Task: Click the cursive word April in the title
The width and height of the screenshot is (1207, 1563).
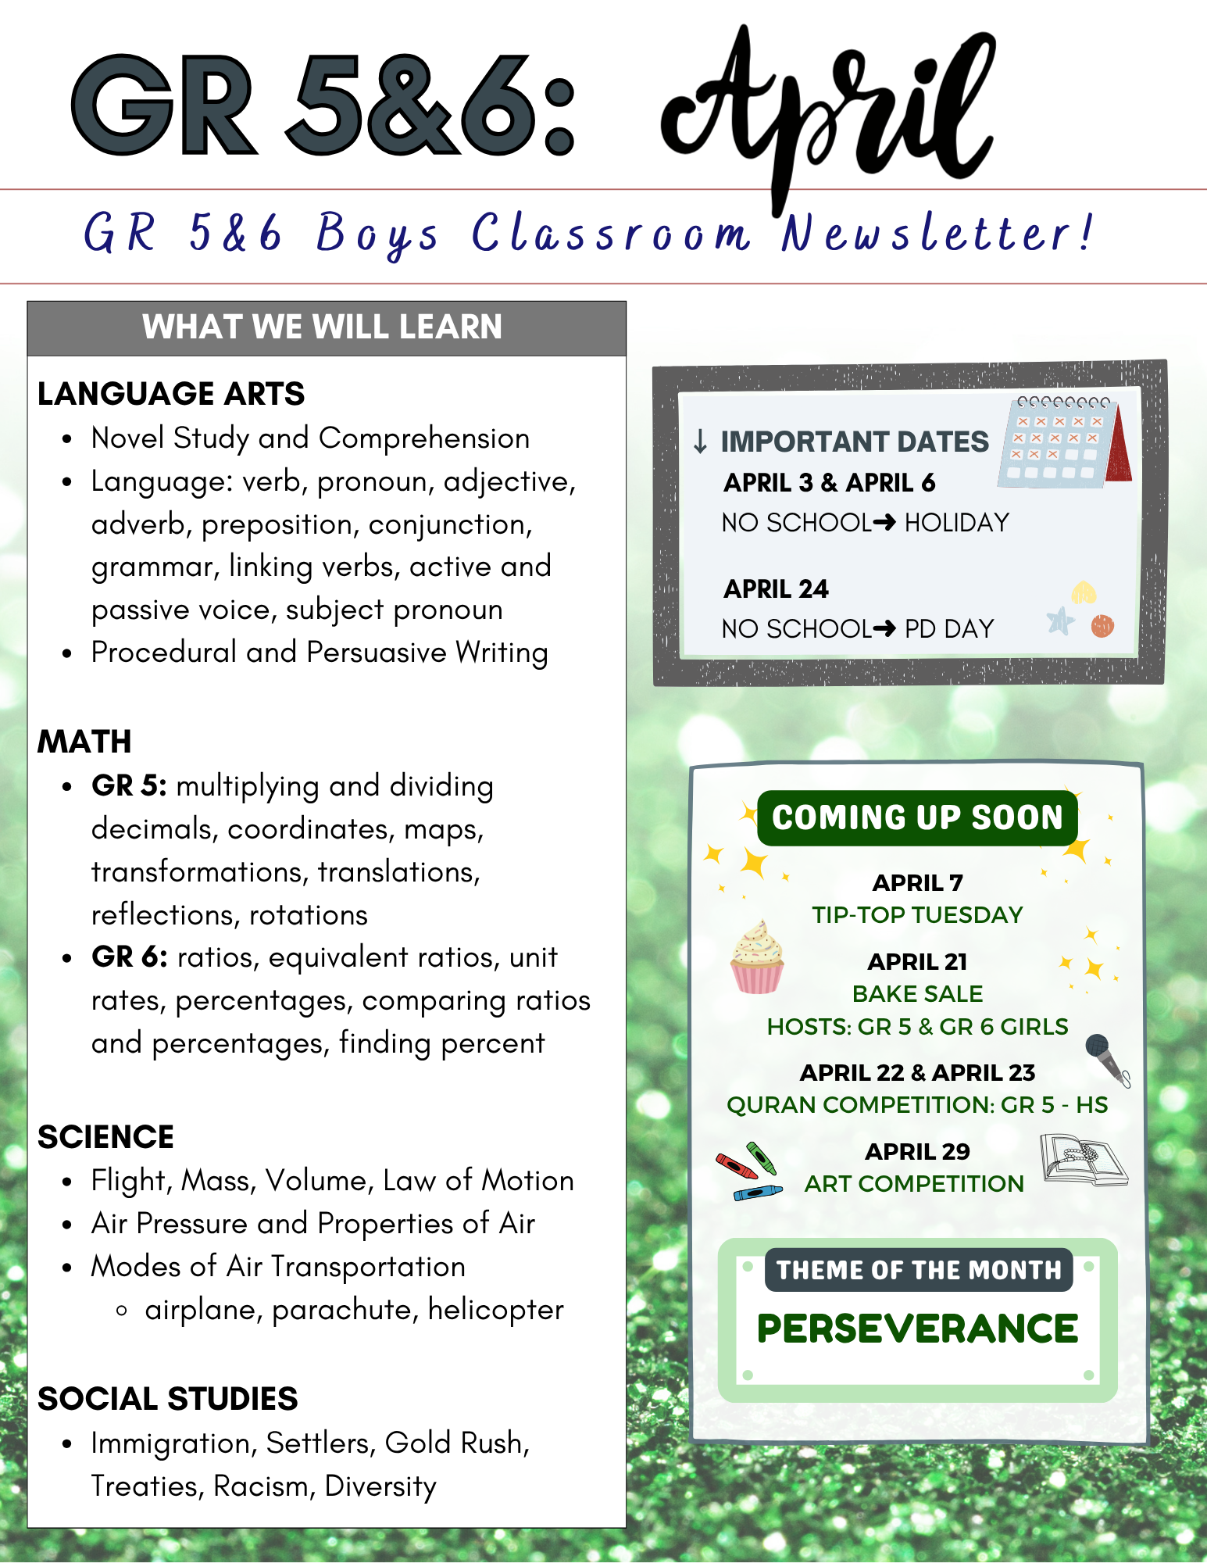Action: coord(828,109)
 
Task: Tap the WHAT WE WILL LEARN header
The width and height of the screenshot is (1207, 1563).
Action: coord(322,327)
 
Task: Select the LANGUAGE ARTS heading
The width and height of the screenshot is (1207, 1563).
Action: coord(171,394)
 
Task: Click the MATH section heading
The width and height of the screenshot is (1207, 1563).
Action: coord(84,742)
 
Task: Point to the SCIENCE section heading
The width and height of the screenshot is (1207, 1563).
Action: coord(105,1137)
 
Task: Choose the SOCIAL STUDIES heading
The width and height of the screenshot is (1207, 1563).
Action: coord(167,1399)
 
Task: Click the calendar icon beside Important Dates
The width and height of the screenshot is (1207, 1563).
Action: coord(1063,442)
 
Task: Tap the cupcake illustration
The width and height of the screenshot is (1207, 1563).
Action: coord(757,958)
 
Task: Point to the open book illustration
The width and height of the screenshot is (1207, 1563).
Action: coord(1084,1161)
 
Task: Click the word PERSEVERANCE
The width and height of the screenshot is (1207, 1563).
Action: coord(917,1329)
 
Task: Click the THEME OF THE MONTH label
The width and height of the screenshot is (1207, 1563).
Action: coord(919,1270)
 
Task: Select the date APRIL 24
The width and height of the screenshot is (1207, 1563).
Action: coord(776,589)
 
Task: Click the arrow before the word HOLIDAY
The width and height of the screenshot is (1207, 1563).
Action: coord(884,522)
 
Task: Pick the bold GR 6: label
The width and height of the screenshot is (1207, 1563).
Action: coord(129,957)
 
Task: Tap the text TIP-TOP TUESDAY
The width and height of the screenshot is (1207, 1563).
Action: coord(917,915)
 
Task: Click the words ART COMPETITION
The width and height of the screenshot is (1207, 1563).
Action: coord(914,1184)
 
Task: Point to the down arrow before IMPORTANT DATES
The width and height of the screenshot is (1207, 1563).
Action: coord(700,442)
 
